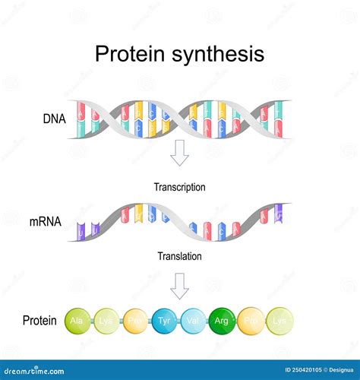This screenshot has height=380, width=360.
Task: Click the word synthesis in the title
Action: [x=221, y=55]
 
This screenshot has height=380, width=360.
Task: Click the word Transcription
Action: [x=180, y=186]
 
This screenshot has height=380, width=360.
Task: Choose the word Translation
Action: [x=179, y=256]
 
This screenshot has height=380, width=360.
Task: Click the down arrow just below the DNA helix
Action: [x=179, y=155]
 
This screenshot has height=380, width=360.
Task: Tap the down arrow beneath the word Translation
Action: [x=179, y=286]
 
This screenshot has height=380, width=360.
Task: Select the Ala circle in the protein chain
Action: [x=77, y=321]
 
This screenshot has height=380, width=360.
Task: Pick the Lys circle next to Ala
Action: [x=106, y=321]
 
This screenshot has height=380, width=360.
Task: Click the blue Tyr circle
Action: [x=164, y=321]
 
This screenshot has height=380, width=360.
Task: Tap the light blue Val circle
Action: [x=193, y=321]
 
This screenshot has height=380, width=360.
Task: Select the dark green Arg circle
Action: [x=223, y=321]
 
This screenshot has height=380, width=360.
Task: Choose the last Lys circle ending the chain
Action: [x=280, y=321]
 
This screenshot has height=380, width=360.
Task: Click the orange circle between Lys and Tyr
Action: [x=135, y=321]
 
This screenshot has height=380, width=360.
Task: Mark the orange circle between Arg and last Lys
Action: [x=251, y=321]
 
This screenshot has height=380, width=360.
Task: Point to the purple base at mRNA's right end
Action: [x=279, y=212]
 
